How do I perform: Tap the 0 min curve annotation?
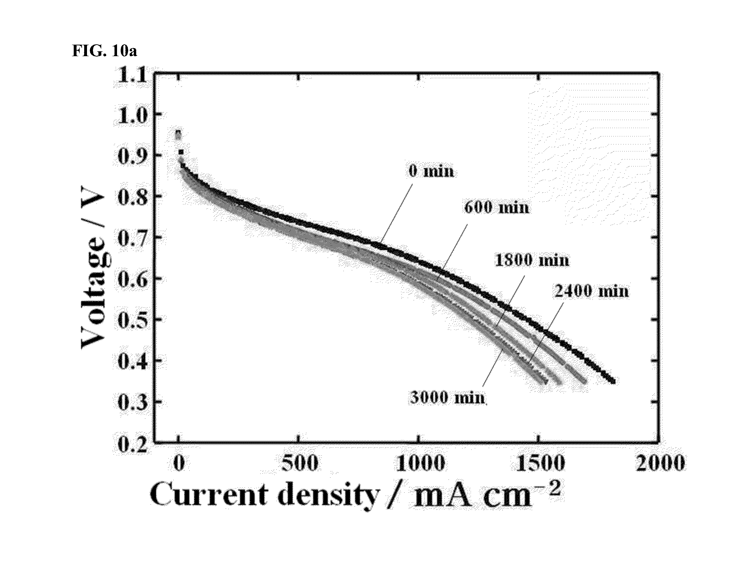432,171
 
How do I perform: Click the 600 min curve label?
496,208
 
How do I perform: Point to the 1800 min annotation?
532,260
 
